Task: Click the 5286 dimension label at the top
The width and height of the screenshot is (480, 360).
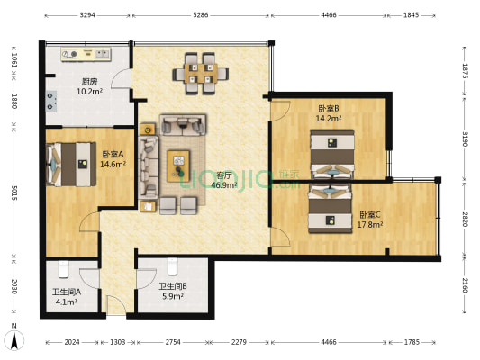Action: coord(201,15)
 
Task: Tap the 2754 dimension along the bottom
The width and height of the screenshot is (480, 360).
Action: coord(173,342)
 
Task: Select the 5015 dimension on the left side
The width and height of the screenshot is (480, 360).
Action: coord(14,193)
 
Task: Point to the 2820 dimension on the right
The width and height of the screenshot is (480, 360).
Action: coord(465,219)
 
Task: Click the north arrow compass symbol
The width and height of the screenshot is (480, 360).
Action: coord(14,337)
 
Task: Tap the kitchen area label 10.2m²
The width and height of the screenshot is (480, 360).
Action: coord(89,92)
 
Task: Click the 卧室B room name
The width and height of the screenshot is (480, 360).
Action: coord(329,109)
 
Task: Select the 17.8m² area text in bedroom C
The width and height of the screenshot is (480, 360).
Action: coord(370,225)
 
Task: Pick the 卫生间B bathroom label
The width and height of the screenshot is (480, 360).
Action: coord(173,286)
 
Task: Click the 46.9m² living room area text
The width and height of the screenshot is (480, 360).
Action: coord(225,185)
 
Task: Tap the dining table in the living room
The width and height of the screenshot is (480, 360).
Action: coord(201,74)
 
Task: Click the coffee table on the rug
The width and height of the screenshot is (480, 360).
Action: coord(178,166)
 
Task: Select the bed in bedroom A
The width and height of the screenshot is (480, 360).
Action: coord(71,164)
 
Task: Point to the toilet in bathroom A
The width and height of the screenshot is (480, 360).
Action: coord(63,269)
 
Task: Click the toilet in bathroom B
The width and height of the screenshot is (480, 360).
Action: coord(172,266)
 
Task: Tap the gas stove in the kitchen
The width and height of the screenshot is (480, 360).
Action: coord(51,101)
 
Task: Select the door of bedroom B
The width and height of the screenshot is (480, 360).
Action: coord(280,111)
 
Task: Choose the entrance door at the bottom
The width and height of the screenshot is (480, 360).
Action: coord(116,304)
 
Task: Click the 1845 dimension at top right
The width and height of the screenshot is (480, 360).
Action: coord(411,15)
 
